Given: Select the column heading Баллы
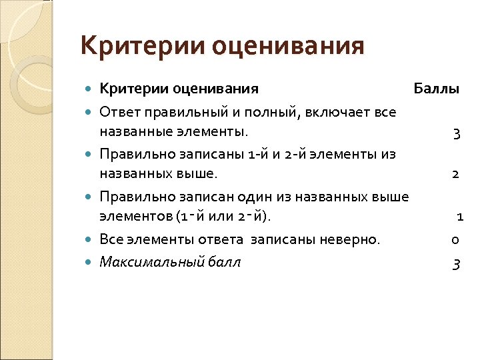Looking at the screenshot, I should click(x=436, y=89).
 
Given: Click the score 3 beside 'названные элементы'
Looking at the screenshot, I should click(x=456, y=133).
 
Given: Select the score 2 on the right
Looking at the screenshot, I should click(x=455, y=174).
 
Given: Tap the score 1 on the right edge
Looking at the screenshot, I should click(x=460, y=217).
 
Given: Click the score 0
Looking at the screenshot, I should click(x=455, y=240).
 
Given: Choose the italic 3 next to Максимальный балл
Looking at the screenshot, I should click(x=456, y=264).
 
